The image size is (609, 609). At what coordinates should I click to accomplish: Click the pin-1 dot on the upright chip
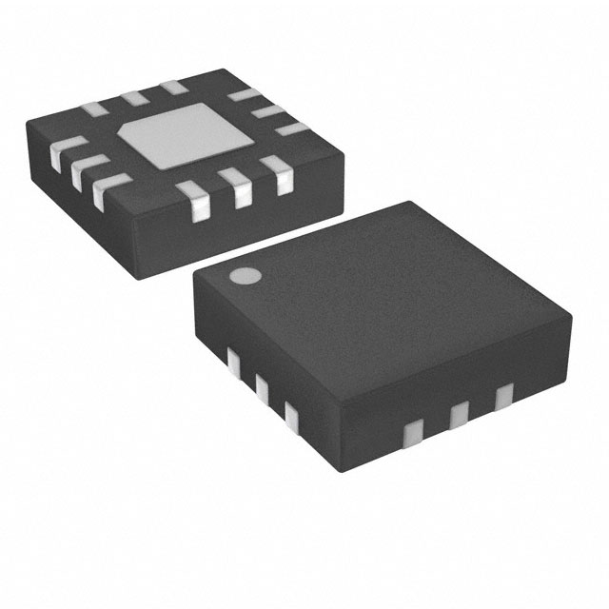tap(245, 277)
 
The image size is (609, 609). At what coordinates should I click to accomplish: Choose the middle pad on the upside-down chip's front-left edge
tap(80, 167)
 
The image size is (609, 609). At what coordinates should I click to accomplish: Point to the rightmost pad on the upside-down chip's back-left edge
tap(172, 88)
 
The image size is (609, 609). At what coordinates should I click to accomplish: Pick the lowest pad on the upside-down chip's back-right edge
tap(296, 128)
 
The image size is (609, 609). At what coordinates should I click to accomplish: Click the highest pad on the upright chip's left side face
tap(233, 359)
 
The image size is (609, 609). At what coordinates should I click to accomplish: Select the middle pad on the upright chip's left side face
tap(261, 385)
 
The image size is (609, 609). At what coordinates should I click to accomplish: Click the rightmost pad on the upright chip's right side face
tap(503, 393)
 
